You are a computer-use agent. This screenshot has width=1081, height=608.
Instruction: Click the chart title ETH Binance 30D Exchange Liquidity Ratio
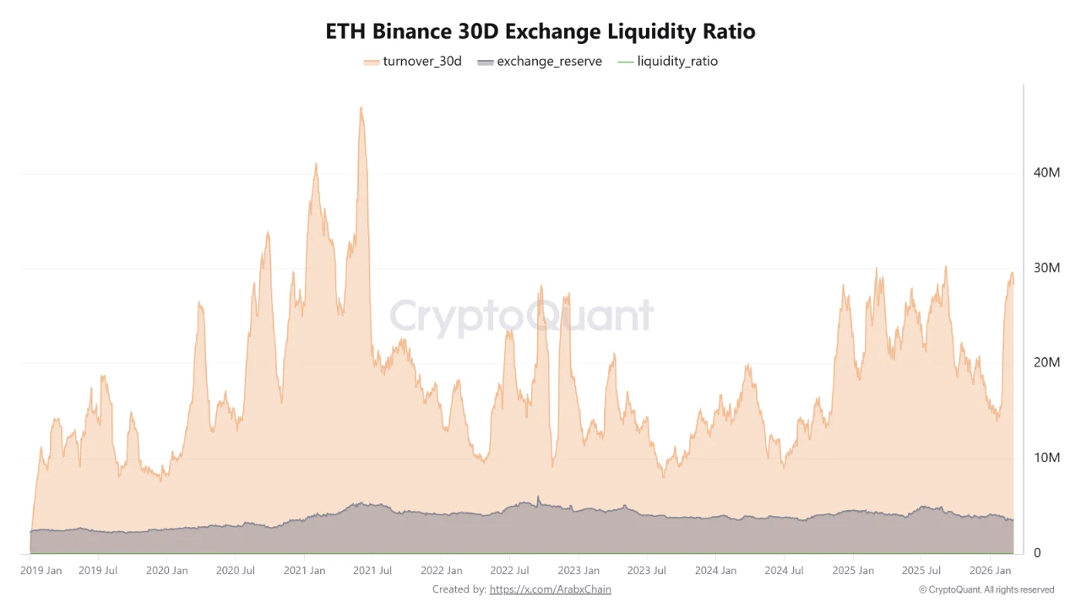pos(540,31)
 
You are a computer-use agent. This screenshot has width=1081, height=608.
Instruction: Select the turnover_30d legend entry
pos(413,62)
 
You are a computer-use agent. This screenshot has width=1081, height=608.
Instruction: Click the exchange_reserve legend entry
pos(540,62)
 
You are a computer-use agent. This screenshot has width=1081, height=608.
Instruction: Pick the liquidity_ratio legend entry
pos(668,62)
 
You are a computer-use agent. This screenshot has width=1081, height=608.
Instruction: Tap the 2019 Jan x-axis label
pos(41,571)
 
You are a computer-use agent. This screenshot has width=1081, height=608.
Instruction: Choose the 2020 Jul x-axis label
pos(236,571)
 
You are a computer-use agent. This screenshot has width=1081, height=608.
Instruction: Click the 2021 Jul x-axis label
pos(372,571)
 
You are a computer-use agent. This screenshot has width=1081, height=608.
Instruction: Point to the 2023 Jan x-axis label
pos(580,571)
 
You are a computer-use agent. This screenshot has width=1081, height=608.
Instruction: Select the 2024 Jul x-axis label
pos(784,571)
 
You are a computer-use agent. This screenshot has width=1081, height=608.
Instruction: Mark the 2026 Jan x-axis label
pos(991,571)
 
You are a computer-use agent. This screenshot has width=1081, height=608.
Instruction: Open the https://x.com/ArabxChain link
pos(550,589)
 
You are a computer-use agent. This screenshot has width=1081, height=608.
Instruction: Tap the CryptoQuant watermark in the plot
pos(521,317)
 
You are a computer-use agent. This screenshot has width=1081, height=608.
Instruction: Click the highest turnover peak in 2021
pos(361,108)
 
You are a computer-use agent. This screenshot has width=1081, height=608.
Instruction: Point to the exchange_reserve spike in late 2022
pos(538,497)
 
